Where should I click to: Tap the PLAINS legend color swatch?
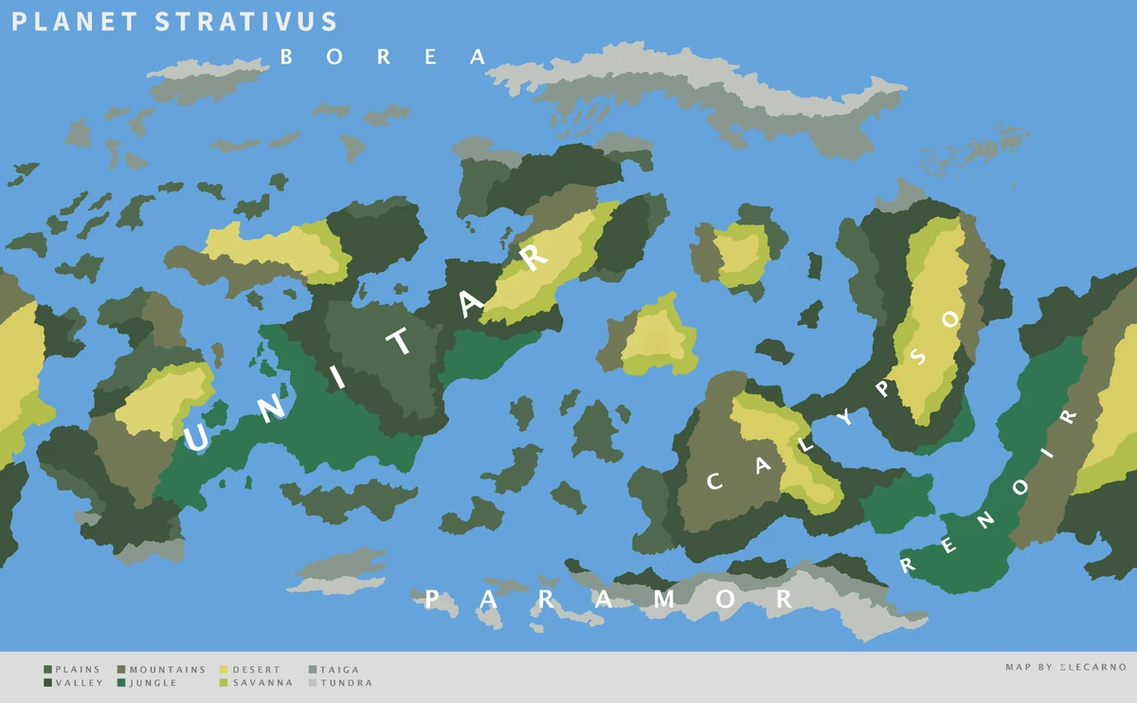pos(47,670)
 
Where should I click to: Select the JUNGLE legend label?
pos(153,683)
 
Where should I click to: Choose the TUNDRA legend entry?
pos(346,683)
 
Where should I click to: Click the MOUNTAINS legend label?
pos(168,670)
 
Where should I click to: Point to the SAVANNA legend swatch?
pos(224,683)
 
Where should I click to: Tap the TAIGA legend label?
pos(339,670)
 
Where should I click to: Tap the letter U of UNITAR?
pos(200,437)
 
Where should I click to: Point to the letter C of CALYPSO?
pos(715,481)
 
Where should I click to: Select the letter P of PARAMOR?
pos(432,599)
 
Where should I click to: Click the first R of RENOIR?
pos(907,566)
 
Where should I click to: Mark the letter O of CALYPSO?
pos(950,319)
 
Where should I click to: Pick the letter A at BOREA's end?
pos(477,57)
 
